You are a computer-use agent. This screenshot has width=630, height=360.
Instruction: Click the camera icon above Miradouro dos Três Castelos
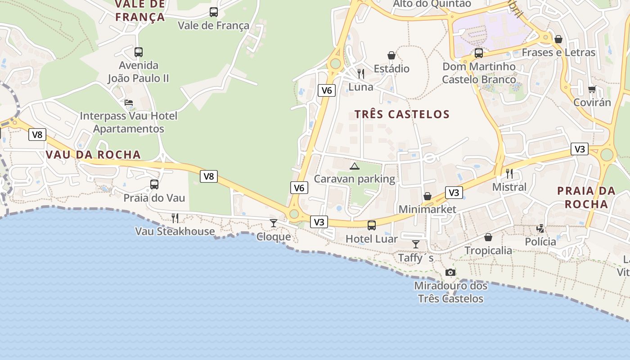pos(450,272)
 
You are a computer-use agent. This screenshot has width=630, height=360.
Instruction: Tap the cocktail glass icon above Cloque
pos(273,223)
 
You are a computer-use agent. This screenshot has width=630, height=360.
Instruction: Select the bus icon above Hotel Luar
pos(372,225)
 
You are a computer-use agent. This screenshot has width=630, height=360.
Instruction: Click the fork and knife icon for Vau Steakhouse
pos(175,218)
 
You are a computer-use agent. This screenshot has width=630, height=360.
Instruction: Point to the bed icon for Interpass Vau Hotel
pos(129,103)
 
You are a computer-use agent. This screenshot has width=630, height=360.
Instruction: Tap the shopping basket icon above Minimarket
pos(427,196)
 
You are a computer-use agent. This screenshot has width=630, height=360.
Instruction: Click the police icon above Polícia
pos(540,229)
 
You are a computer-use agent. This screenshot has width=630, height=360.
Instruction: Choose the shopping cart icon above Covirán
pos(592,89)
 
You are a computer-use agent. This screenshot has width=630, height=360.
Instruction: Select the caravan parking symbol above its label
pos(355,166)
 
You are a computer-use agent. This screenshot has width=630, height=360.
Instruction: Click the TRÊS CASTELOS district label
pos(402,114)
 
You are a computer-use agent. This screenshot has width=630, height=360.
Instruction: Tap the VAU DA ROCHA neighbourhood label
pos(93,155)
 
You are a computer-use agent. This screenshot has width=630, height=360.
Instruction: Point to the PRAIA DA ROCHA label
pos(586,197)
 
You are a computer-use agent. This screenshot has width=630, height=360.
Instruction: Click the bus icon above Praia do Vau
pos(154,184)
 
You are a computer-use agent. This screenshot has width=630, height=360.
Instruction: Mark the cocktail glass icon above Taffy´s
pos(416,244)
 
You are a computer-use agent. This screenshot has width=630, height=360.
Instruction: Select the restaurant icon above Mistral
pos(509,173)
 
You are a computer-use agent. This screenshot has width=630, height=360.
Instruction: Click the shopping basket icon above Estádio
pos(391,55)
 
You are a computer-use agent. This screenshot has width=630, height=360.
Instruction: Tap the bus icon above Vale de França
pos(214,12)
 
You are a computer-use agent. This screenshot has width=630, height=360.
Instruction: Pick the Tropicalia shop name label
pos(488,250)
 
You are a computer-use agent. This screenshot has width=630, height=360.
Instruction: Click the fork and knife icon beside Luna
pos(361,73)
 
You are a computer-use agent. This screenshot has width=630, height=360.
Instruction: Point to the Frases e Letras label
pos(558,53)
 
